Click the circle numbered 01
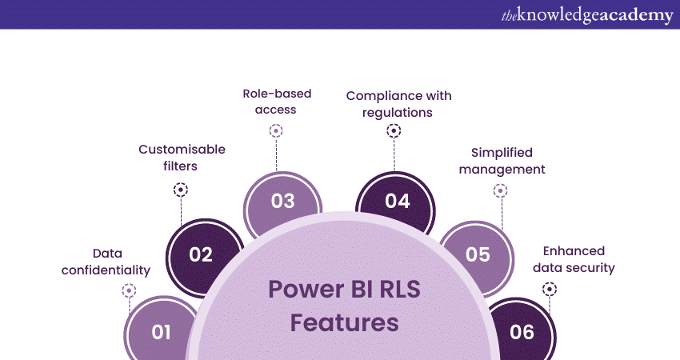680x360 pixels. pyautogui.click(x=161, y=331)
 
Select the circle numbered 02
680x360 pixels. pyautogui.click(x=201, y=255)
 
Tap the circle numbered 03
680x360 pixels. pyautogui.click(x=282, y=201)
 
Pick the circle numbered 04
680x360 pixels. pyautogui.click(x=397, y=201)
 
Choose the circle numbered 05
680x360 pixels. pyautogui.click(x=478, y=255)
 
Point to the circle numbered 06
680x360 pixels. pyautogui.click(x=522, y=331)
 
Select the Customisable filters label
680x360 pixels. pyautogui.click(x=182, y=157)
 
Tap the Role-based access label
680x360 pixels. pyautogui.click(x=277, y=102)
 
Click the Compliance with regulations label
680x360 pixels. pyautogui.click(x=398, y=104)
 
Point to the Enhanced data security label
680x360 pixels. pyautogui.click(x=573, y=259)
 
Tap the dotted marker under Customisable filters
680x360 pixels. pyautogui.click(x=181, y=190)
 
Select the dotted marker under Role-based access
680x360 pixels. pyautogui.click(x=277, y=131)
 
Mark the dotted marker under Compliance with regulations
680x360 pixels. pyautogui.click(x=394, y=131)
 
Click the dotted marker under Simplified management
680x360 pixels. pyautogui.click(x=501, y=190)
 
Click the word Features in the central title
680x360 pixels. pyautogui.click(x=344, y=323)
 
